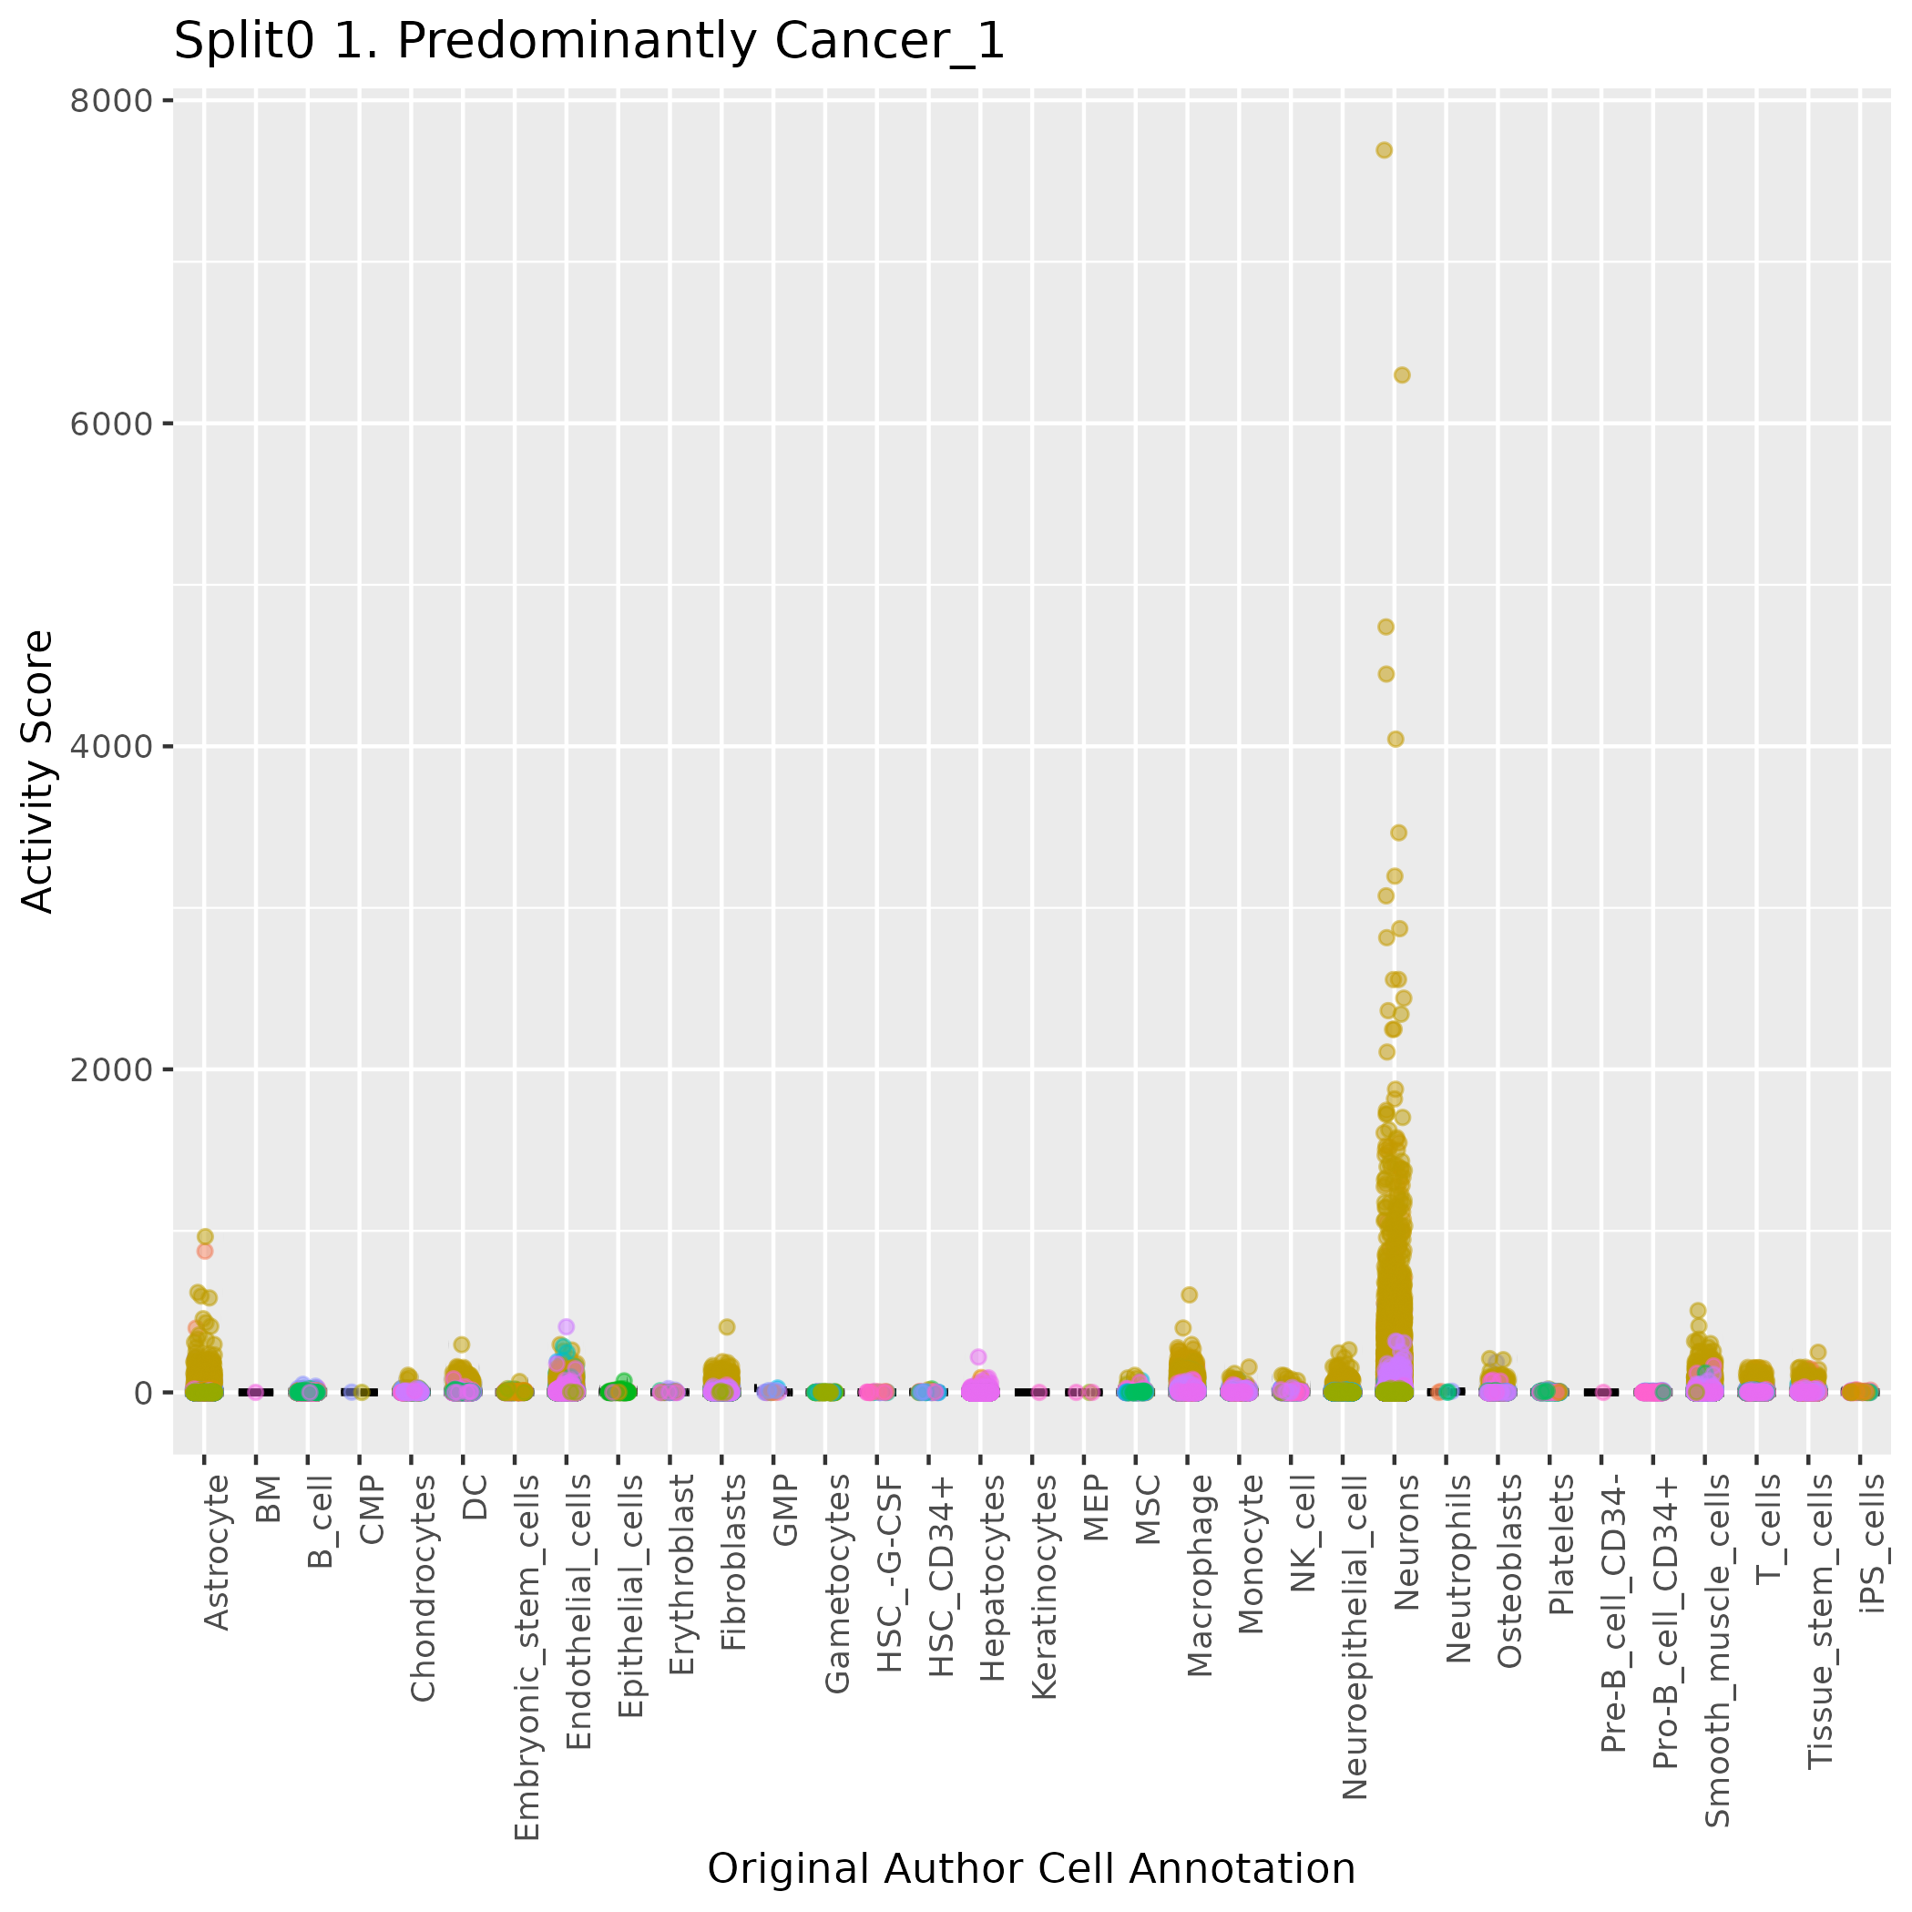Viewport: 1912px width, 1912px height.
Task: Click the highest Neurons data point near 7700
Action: point(1384,150)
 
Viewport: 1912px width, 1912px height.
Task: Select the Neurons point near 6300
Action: point(1401,375)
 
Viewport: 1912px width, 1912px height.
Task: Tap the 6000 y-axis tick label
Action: point(111,424)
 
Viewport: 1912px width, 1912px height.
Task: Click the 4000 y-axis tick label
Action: point(111,746)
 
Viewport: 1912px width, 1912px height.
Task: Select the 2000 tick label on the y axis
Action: point(111,1069)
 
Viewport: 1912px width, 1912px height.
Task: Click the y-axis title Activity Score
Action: point(37,772)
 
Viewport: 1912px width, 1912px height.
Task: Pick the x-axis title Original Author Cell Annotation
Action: point(1031,1869)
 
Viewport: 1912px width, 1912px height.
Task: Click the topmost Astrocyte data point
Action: point(205,1236)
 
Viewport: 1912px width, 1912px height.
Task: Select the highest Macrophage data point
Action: point(1189,1294)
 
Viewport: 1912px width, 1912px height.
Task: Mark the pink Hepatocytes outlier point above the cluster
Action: point(977,1357)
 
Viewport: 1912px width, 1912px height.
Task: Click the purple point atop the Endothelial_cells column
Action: point(566,1327)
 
